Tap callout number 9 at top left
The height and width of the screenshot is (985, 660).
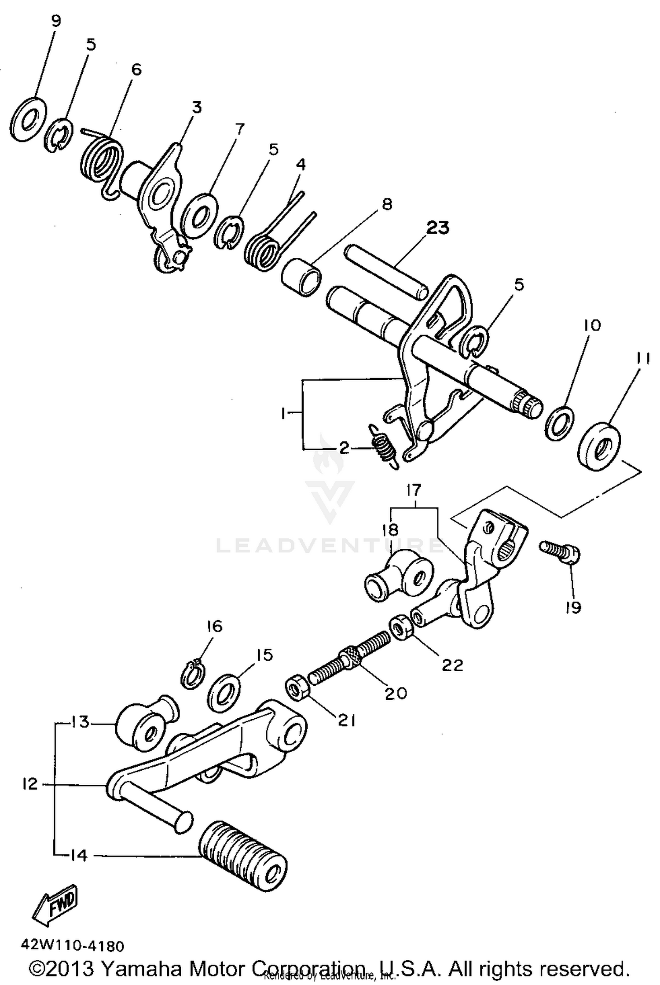coord(56,21)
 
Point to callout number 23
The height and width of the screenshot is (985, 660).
coord(437,228)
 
